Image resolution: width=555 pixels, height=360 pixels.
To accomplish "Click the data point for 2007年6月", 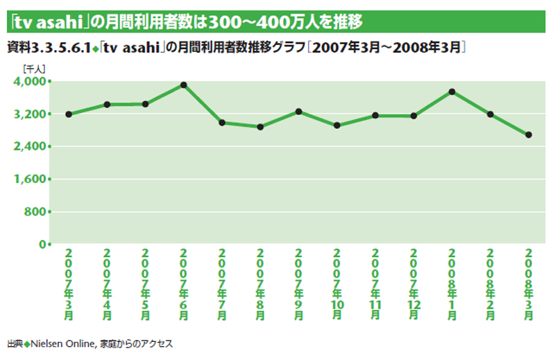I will click(184, 85).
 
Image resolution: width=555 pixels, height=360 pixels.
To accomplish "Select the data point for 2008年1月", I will click(452, 92).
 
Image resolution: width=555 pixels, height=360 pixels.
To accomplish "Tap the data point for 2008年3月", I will click(529, 135).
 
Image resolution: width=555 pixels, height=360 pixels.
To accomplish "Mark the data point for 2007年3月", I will click(69, 114).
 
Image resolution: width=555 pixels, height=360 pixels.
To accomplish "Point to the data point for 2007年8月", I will click(260, 127).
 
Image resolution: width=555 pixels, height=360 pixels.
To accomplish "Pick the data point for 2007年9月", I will click(298, 111).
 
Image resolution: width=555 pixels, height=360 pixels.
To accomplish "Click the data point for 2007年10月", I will click(337, 126).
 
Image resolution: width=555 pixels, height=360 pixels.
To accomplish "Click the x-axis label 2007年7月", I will click(222, 283).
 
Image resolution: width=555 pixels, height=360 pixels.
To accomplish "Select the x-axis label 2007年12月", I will click(413, 283).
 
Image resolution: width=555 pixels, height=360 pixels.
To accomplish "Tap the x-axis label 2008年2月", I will click(490, 283).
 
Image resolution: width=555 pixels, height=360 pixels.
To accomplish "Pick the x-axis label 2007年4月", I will click(107, 283).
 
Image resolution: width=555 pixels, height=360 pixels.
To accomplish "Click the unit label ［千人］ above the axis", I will click(34, 69).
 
